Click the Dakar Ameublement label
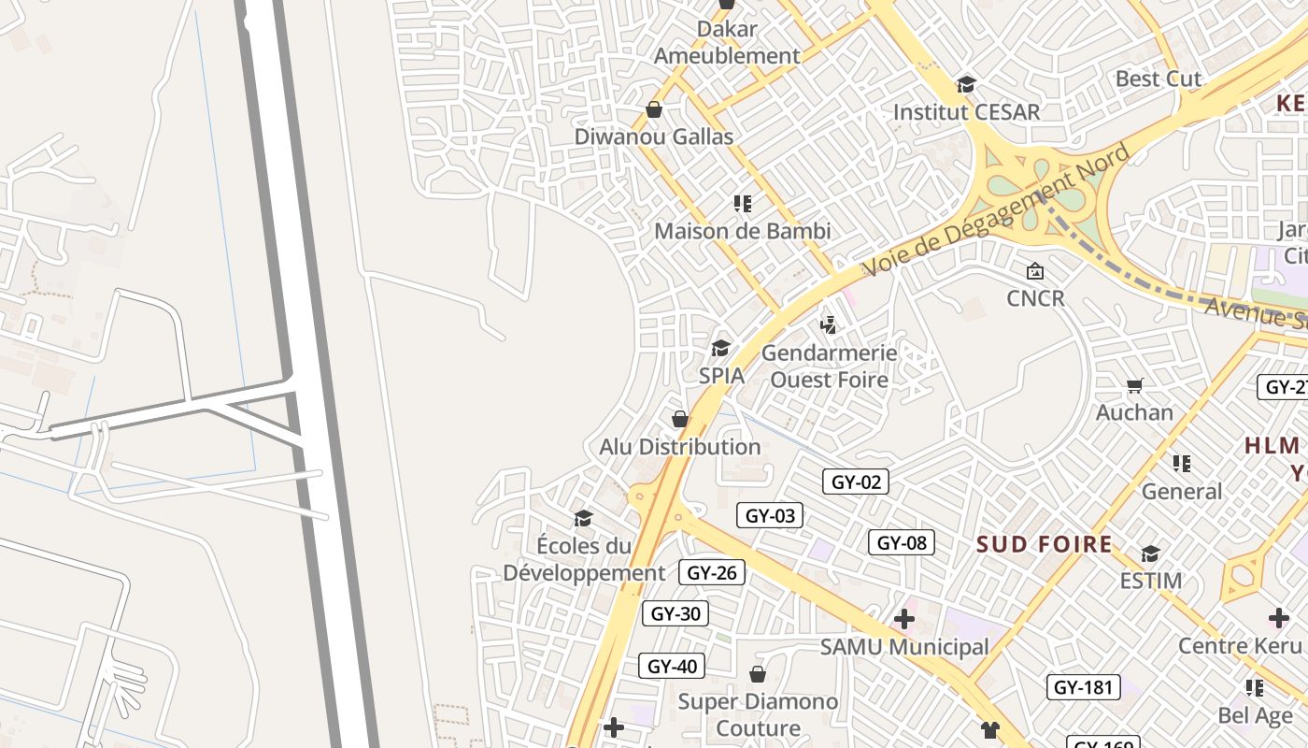click(x=727, y=42)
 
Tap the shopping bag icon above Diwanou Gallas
click(x=654, y=110)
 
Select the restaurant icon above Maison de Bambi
click(x=743, y=204)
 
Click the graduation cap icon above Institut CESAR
click(x=966, y=85)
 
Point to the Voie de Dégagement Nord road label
click(x=995, y=210)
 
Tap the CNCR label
click(x=1035, y=298)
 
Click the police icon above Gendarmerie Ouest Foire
click(x=828, y=325)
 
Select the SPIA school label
click(x=722, y=376)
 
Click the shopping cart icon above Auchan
click(x=1135, y=385)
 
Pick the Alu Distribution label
click(x=680, y=447)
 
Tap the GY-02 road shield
click(x=856, y=482)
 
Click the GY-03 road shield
click(x=770, y=515)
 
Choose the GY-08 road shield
click(x=902, y=542)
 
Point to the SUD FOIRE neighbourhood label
click(x=1045, y=544)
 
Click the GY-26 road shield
click(x=712, y=573)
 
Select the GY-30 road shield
click(x=675, y=613)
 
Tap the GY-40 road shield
click(x=672, y=666)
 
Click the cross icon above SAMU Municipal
click(x=903, y=618)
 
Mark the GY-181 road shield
click(x=1083, y=687)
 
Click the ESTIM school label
click(x=1151, y=581)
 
